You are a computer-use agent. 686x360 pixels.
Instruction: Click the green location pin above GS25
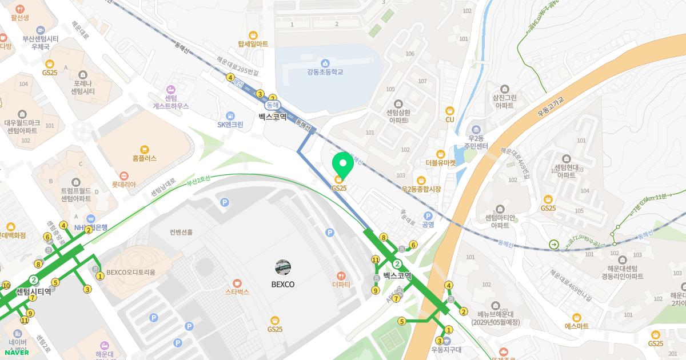point(343,164)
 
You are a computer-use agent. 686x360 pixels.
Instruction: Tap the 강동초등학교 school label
point(325,72)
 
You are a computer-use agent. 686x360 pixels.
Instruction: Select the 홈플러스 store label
point(143,158)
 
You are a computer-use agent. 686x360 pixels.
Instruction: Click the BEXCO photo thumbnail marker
point(283,267)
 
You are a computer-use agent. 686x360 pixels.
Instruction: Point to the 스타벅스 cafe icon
point(237,282)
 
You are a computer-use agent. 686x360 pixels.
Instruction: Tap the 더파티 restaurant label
point(341,285)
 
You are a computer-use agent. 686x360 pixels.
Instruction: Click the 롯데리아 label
point(124,185)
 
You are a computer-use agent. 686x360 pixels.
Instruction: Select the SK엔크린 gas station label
point(230,125)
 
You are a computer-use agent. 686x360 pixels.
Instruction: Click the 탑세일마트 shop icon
point(253,34)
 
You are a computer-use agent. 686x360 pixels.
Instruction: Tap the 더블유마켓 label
point(441,162)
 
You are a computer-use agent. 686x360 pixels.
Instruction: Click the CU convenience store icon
point(449,110)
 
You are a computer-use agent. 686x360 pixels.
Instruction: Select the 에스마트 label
point(576,326)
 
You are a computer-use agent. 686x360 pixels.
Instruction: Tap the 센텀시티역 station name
point(33,291)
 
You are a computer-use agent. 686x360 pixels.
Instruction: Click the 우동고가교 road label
point(550,107)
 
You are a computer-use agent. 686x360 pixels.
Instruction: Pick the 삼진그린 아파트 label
point(505,102)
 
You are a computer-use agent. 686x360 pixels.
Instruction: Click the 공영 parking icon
point(428,215)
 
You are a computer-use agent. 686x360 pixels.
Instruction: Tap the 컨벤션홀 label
point(181,233)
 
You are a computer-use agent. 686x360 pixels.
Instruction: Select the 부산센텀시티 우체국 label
point(41,42)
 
